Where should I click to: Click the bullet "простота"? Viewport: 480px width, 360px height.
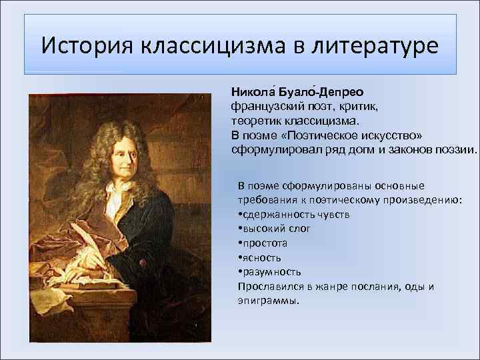[x=263, y=243]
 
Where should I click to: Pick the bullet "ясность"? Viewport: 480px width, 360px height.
[x=260, y=257]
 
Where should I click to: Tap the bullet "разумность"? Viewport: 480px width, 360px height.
[x=269, y=272]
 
